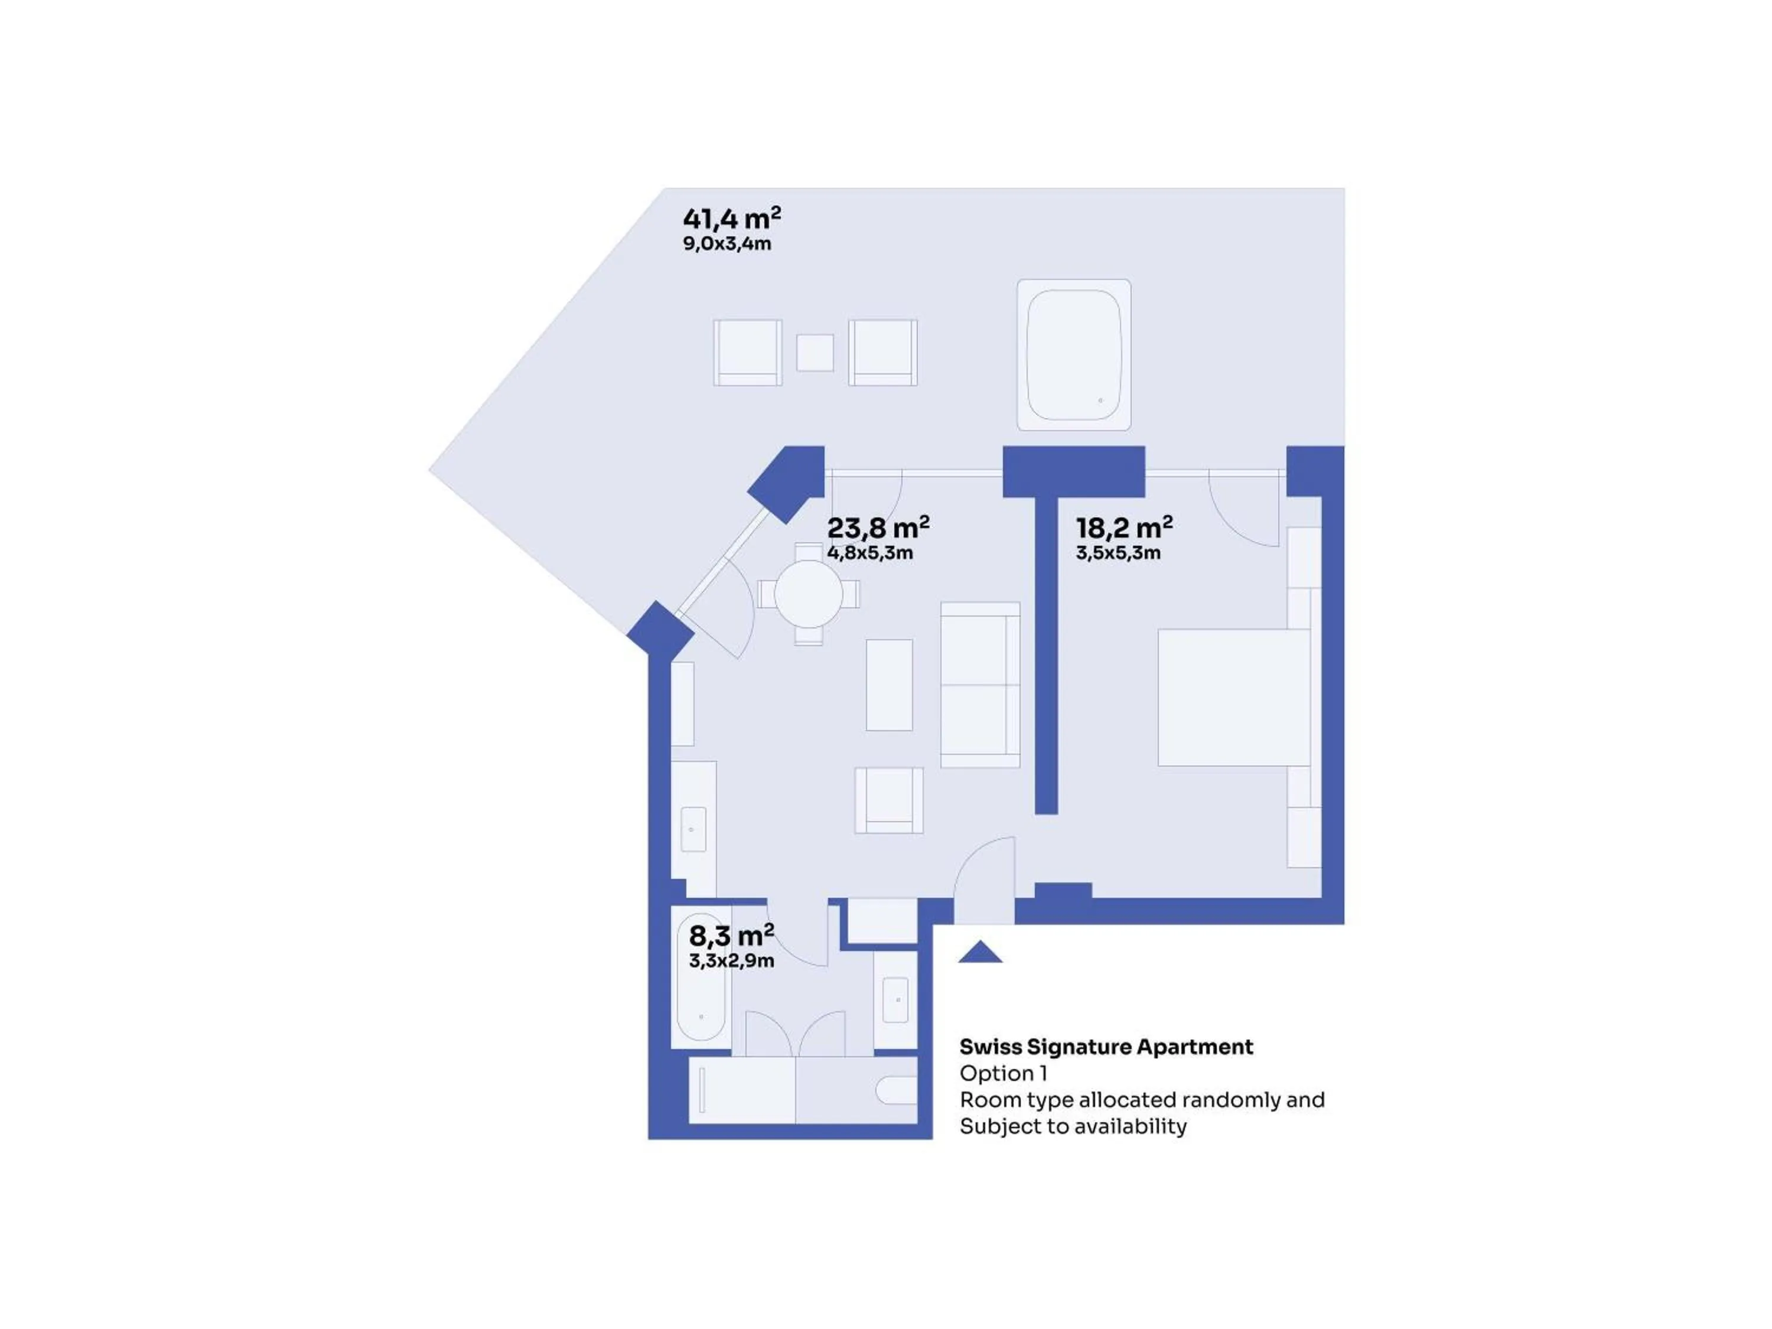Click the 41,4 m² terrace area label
click(731, 218)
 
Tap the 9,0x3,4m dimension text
click(727, 243)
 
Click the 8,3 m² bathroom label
click(731, 935)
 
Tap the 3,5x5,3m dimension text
click(1118, 553)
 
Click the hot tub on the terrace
click(1073, 355)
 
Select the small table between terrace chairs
click(815, 353)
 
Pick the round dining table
click(808, 594)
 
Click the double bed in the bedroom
click(1234, 697)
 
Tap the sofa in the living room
click(980, 685)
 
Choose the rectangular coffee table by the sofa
click(889, 685)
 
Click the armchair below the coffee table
click(888, 800)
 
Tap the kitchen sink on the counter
click(693, 829)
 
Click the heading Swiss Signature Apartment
click(1106, 1047)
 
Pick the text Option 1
click(1003, 1073)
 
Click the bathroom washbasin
click(895, 1000)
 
